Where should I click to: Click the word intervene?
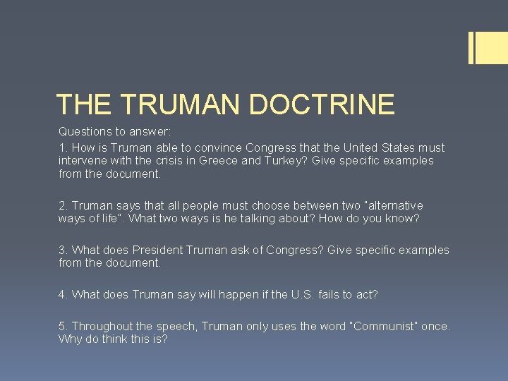(x=83, y=161)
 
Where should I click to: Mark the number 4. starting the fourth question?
(x=64, y=294)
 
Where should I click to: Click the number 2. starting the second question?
(x=64, y=205)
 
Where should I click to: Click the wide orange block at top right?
(x=492, y=48)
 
